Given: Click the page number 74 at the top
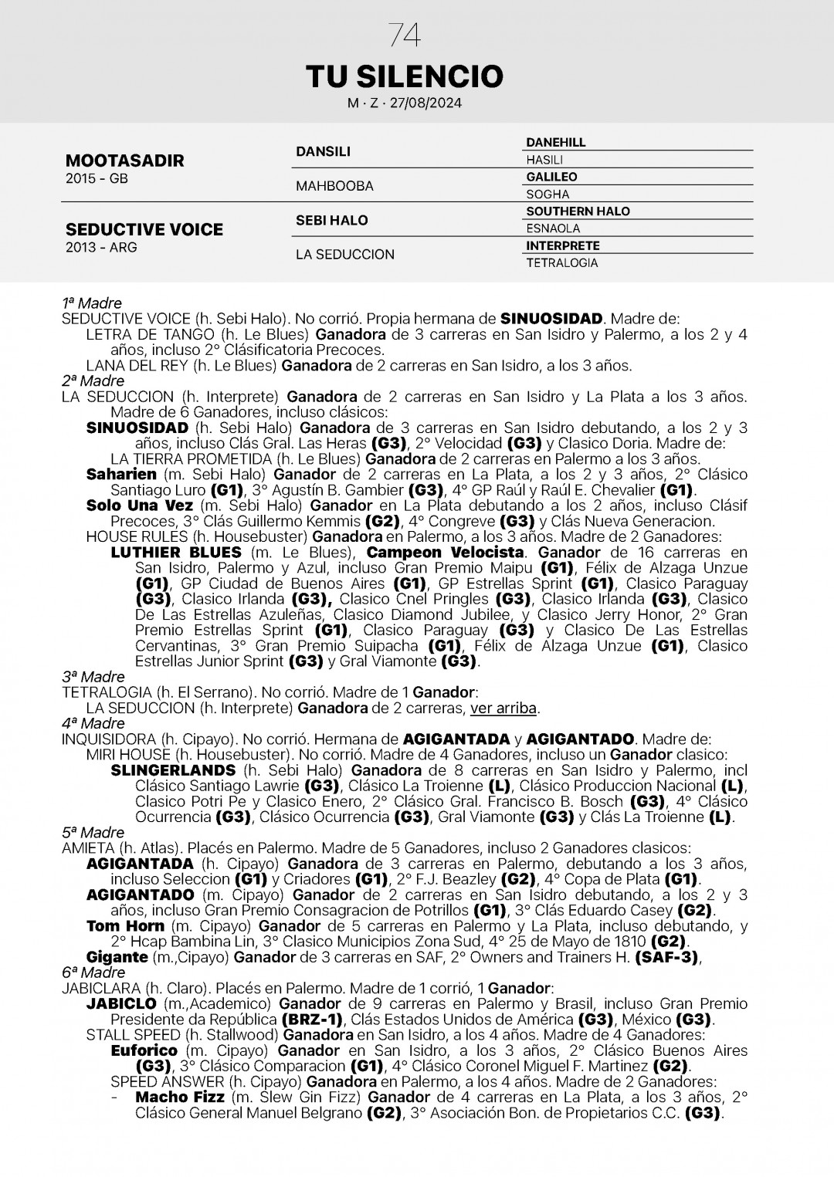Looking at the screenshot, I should (405, 36).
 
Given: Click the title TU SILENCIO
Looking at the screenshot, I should (405, 76).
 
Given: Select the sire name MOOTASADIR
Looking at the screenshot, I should (125, 161).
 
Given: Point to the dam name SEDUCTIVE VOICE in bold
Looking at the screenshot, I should (144, 229).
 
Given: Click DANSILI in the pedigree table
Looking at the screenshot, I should (323, 151).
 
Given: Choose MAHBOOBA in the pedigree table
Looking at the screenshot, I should (334, 186).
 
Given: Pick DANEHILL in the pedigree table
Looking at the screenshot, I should (556, 143).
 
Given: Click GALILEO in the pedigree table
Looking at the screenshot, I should (551, 177).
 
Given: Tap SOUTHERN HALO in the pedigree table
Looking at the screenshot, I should (578, 211).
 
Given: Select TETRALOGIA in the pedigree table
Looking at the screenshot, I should (562, 263).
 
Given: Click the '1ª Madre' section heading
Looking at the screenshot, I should (92, 303).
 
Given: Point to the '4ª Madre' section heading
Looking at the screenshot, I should (93, 723).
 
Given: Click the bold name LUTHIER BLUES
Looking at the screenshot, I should (176, 553).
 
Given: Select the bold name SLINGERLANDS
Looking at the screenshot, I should (173, 770).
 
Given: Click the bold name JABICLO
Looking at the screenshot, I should (121, 1004).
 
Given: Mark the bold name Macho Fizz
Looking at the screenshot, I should (180, 1098).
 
